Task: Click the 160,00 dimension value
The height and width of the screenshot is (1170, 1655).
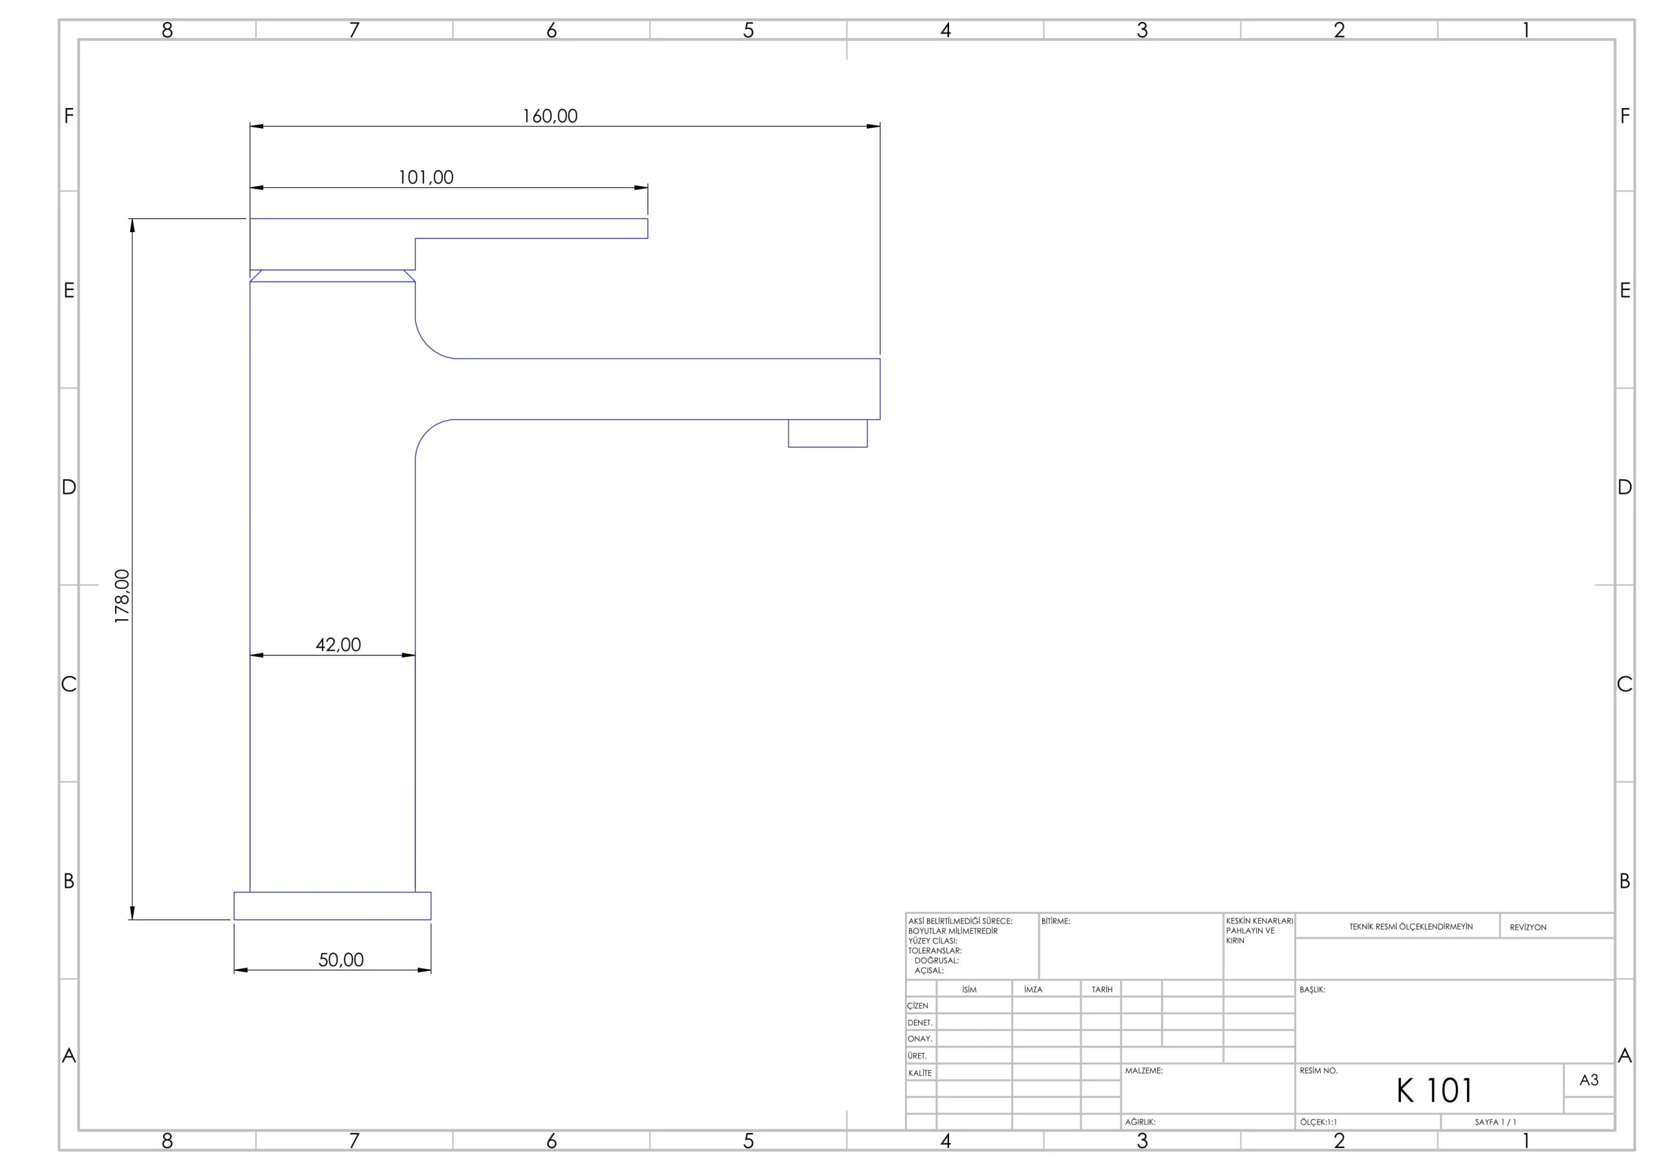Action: (x=550, y=116)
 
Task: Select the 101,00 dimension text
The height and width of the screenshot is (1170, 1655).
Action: (x=426, y=177)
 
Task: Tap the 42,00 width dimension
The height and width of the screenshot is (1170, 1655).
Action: (x=338, y=644)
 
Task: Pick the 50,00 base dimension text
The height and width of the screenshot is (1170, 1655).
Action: (x=341, y=959)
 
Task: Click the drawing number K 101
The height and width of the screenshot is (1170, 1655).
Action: (x=1435, y=1090)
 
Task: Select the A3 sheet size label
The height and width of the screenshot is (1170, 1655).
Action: (x=1588, y=1080)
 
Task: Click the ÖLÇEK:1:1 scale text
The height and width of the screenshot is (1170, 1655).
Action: (x=1318, y=1122)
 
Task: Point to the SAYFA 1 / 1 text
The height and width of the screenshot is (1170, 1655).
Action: (x=1495, y=1122)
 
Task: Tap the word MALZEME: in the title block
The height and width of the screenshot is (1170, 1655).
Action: (x=1144, y=1071)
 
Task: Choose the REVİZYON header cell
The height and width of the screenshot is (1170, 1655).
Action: (x=1528, y=928)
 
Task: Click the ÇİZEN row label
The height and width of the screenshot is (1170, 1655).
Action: (x=917, y=1006)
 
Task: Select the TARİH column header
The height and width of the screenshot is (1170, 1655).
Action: (x=1102, y=990)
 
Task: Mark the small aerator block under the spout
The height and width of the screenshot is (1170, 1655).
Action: (x=827, y=433)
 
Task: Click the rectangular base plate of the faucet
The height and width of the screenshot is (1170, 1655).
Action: (x=332, y=906)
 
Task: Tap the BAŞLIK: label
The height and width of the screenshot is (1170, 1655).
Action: (x=1312, y=990)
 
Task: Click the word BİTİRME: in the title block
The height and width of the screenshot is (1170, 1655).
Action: (x=1056, y=921)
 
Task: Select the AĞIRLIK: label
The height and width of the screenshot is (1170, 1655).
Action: (x=1140, y=1122)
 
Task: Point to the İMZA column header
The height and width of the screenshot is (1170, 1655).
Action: (x=1033, y=990)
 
